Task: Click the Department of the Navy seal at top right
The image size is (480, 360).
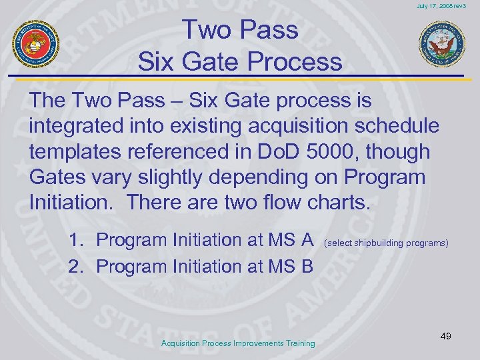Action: [x=441, y=44]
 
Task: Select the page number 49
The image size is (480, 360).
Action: [x=445, y=335]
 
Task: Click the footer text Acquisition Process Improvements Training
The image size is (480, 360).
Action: [x=239, y=343]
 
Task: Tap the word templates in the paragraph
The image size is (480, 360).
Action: [x=77, y=152]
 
